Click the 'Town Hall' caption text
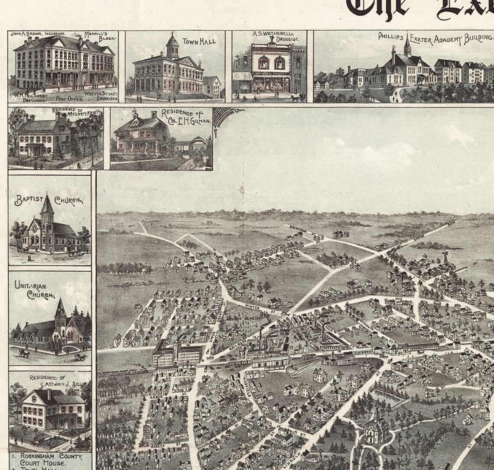(x=199, y=42)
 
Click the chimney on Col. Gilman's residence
(x=153, y=115)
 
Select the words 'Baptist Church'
(x=49, y=200)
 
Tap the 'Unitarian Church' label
(x=33, y=290)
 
